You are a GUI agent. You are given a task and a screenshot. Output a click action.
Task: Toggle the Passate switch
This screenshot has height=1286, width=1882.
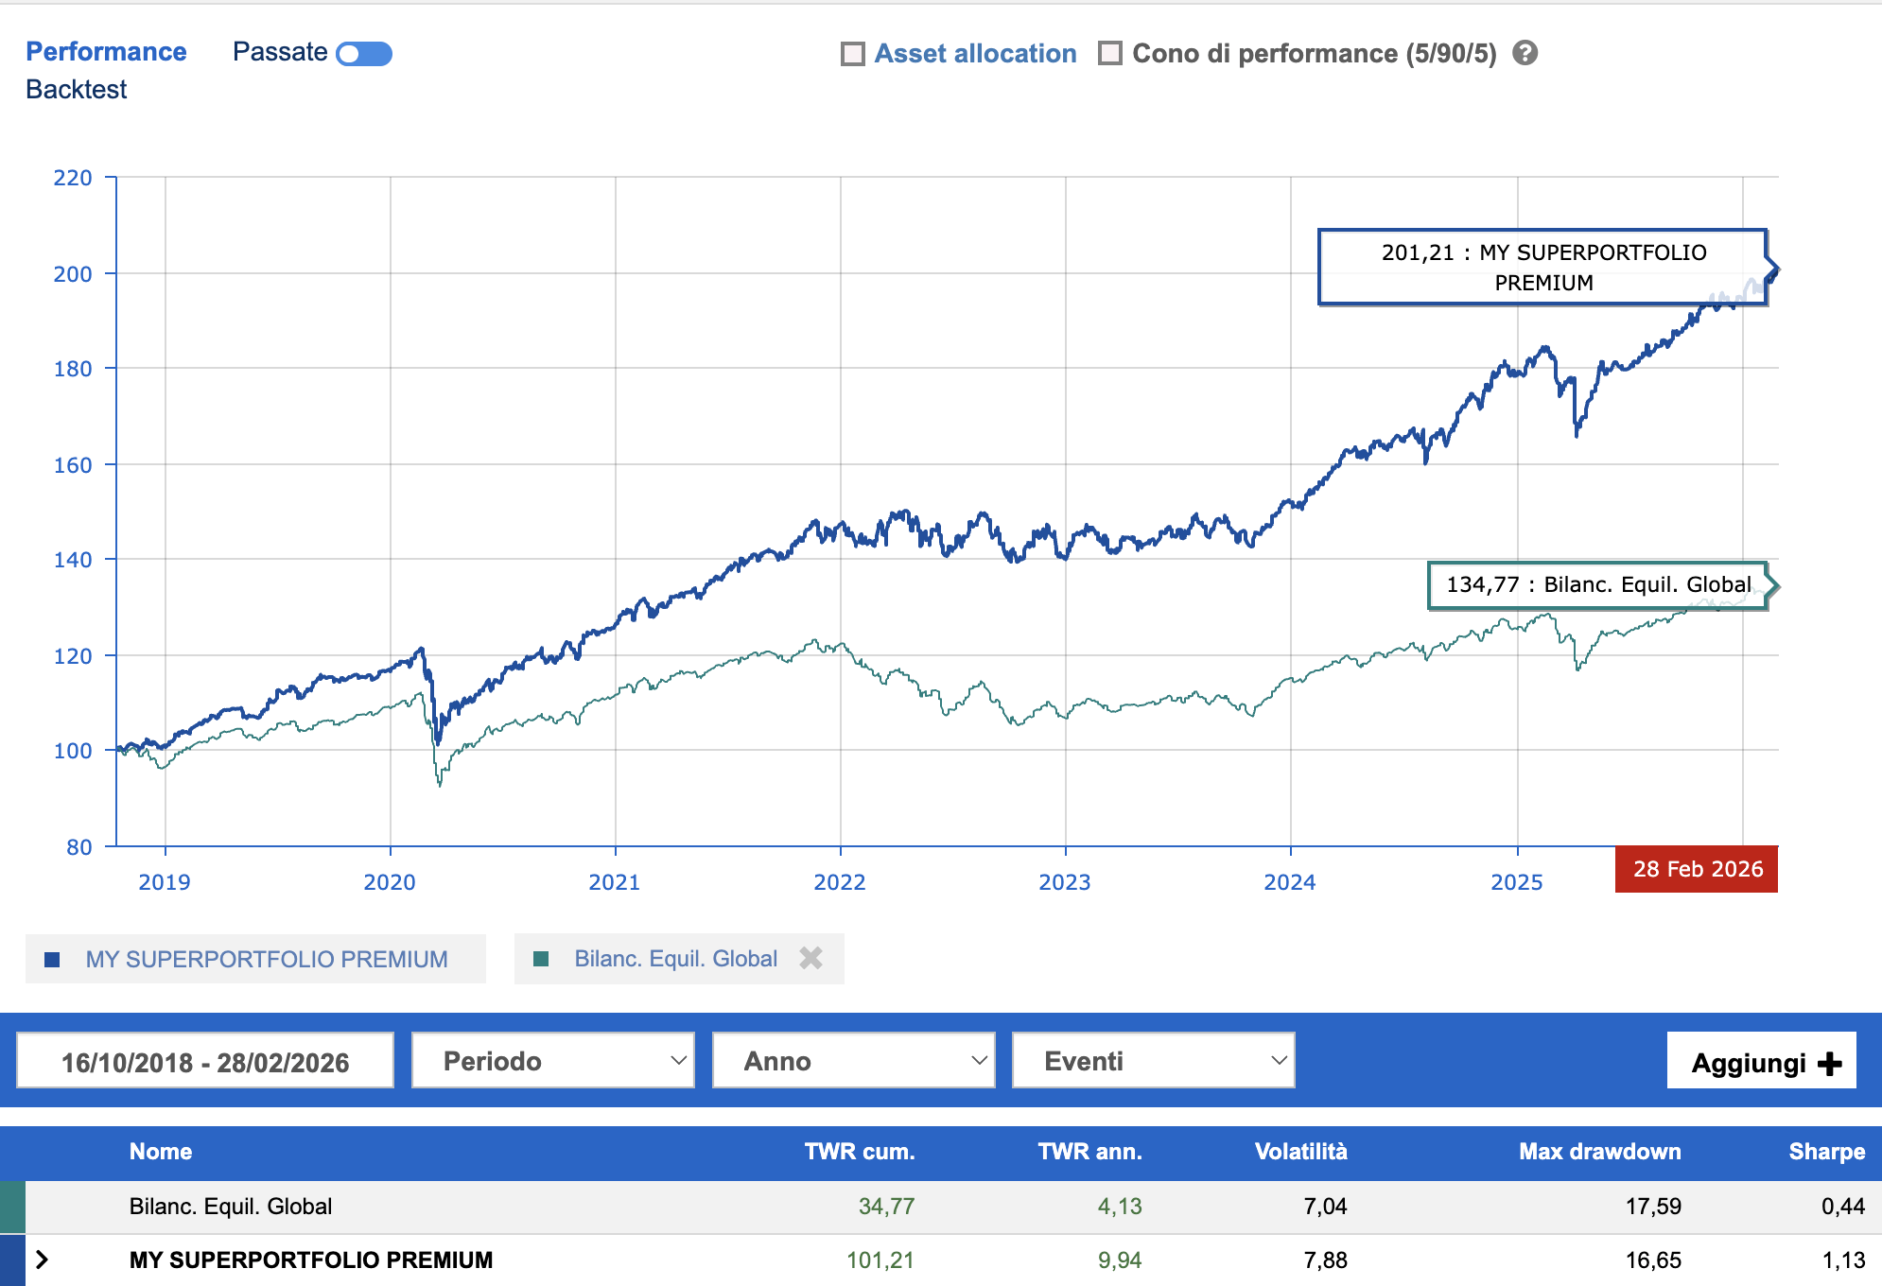(364, 54)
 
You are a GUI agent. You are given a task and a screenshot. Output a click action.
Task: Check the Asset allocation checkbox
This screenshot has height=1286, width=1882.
(853, 54)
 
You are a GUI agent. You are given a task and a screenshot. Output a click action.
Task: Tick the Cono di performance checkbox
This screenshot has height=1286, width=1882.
(1110, 54)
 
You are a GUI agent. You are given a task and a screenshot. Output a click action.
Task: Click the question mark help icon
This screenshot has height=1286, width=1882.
(1525, 53)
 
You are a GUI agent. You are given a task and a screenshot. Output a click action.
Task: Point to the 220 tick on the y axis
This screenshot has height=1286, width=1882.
(73, 178)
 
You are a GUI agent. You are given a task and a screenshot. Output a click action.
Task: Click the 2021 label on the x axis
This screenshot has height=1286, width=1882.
(615, 882)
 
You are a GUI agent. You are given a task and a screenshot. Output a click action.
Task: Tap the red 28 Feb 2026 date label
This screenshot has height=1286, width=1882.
(1697, 869)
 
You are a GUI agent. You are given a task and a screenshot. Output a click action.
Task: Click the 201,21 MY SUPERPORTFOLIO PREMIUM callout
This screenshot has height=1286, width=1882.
(1542, 268)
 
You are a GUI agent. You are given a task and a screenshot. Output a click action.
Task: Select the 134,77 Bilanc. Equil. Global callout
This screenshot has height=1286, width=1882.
(1597, 585)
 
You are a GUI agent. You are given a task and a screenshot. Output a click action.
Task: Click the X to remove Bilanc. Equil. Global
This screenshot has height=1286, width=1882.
(810, 959)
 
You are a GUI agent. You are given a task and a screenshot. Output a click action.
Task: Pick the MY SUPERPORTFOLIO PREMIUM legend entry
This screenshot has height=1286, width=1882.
(266, 959)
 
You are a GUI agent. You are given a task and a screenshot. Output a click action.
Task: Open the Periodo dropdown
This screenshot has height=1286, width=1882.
(553, 1061)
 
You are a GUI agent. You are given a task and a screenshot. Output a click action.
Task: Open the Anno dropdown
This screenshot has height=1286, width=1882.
(853, 1061)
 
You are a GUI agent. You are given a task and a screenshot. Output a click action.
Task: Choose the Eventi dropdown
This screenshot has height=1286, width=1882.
(1153, 1061)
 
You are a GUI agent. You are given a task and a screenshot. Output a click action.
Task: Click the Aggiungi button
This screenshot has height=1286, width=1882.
(1761, 1062)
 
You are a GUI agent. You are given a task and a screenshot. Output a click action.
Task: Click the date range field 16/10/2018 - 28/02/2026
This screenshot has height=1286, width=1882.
(205, 1061)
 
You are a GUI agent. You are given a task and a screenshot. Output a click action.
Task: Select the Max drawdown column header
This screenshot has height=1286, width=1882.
(1599, 1151)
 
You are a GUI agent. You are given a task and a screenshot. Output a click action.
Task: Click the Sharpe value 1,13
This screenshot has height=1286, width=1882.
(1842, 1260)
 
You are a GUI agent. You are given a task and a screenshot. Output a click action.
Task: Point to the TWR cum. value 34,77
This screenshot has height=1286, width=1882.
(886, 1206)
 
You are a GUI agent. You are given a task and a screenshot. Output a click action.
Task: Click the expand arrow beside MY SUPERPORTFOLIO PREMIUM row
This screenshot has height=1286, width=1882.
(42, 1260)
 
